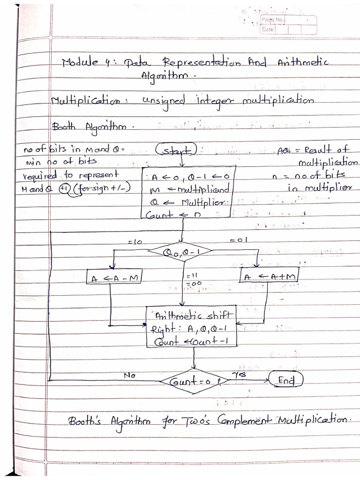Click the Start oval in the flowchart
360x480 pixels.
pyautogui.click(x=177, y=151)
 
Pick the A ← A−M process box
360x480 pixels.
pyautogui.click(x=114, y=278)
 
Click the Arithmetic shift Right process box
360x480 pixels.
pyautogui.click(x=191, y=327)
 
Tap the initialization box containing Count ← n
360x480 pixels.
pyautogui.click(x=186, y=192)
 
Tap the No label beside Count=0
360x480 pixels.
pyautogui.click(x=129, y=375)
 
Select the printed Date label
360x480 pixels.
pyautogui.click(x=268, y=29)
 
